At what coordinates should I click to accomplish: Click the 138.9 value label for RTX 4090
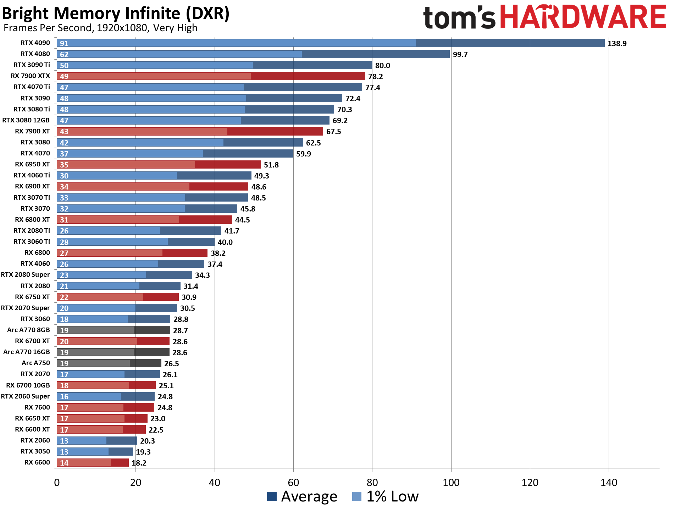coord(617,44)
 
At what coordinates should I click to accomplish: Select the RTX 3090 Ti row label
coord(32,65)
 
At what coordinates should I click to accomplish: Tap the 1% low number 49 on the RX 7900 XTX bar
coord(64,76)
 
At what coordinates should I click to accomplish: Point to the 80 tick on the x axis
coord(372,482)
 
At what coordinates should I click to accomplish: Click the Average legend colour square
coord(272,496)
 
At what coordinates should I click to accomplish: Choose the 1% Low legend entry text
coord(392,496)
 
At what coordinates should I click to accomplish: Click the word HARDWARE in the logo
coord(583,17)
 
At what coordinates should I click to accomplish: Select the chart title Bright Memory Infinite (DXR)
coord(116,13)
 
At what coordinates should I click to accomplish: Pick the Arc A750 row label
coord(35,363)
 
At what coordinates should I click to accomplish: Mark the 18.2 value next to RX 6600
coord(139,463)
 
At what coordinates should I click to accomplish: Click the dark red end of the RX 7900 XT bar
coord(275,131)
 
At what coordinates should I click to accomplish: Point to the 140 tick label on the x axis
coord(609,482)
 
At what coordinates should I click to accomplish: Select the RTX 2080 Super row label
coord(25,275)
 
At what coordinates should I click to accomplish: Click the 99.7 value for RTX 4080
coord(460,55)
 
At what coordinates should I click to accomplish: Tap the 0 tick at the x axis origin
coord(57,482)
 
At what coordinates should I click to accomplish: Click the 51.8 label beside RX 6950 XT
coord(271,165)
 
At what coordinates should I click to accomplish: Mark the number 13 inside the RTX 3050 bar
coord(64,452)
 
